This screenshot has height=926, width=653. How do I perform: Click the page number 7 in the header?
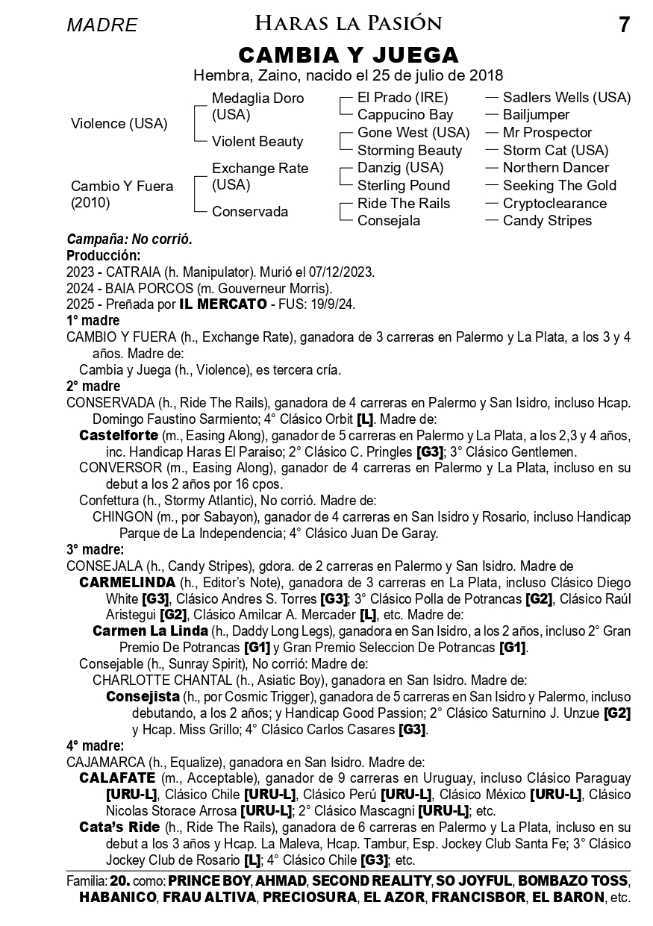tap(624, 25)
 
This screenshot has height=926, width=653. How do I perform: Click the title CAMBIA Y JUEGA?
tap(349, 55)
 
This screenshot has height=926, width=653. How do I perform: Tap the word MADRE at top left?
tap(102, 25)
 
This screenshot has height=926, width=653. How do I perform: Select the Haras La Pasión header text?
tap(349, 24)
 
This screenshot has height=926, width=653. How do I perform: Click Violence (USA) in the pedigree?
tap(119, 124)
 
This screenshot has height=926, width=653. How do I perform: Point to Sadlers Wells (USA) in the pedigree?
tap(566, 98)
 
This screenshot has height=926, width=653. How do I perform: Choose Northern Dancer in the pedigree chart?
tap(556, 168)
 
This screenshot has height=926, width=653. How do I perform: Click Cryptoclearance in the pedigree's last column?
tap(554, 203)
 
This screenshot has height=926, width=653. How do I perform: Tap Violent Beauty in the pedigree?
tap(257, 142)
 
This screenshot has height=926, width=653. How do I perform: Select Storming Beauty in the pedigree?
tap(410, 150)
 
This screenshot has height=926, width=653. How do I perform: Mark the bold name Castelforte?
tap(119, 435)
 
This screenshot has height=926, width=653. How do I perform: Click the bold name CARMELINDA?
tap(128, 582)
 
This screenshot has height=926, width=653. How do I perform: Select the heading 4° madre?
tap(95, 745)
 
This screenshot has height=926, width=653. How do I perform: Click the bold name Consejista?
tap(143, 696)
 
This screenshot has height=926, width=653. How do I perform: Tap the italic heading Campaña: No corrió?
tap(130, 240)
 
